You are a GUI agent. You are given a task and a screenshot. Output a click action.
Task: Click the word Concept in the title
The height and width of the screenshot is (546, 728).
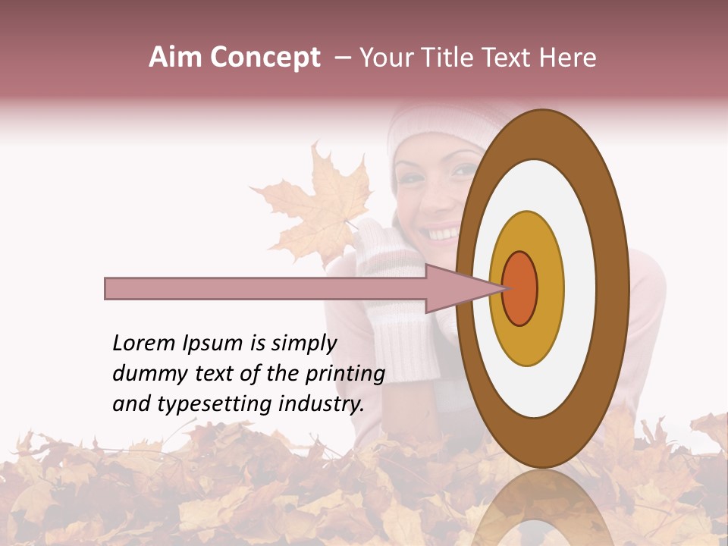coord(265,58)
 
